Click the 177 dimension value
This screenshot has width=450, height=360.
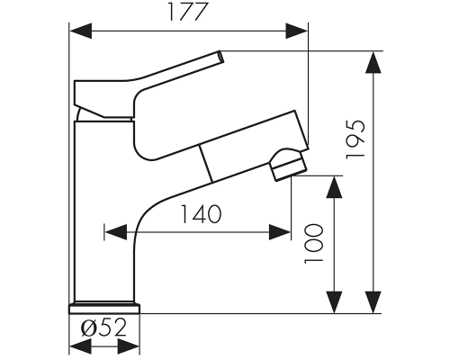(188, 12)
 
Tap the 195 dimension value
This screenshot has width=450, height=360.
(355, 139)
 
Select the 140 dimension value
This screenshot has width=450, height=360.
(201, 214)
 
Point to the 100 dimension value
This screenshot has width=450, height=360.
(314, 244)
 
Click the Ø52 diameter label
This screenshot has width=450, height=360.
(103, 328)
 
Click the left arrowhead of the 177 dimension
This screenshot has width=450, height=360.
(80, 31)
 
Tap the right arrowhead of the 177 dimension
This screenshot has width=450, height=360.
(297, 31)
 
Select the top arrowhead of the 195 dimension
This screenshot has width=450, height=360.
(373, 62)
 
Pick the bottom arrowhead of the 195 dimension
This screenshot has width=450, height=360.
(373, 302)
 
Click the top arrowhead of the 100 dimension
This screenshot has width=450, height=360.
(334, 187)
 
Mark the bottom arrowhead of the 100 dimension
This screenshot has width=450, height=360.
(334, 302)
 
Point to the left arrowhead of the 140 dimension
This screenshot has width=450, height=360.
(115, 232)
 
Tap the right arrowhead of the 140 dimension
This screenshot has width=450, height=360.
(280, 232)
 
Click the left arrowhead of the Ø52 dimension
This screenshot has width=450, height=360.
(80, 346)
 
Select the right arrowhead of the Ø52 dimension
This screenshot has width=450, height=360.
(129, 346)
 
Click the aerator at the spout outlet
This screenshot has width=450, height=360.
(288, 165)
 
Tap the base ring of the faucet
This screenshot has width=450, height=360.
(104, 309)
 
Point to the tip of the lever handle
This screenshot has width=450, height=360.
(221, 57)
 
